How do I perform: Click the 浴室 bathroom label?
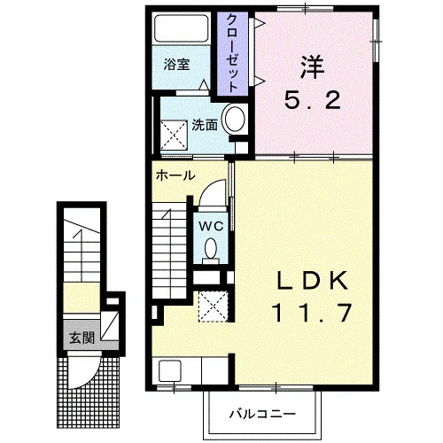176,65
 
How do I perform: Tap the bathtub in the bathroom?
182,28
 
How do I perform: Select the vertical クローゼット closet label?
232,53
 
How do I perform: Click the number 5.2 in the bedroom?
312,100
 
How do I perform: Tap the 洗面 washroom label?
205,125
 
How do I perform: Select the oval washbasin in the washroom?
235,119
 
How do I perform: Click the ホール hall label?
175,175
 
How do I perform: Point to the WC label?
211,227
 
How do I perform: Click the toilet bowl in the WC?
211,248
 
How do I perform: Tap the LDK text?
311,281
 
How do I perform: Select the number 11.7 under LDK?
312,313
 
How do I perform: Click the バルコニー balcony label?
262,414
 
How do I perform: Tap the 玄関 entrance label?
82,338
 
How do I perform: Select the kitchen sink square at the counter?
169,371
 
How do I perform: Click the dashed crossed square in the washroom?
174,136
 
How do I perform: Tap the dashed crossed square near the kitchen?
213,307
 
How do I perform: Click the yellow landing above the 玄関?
82,298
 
